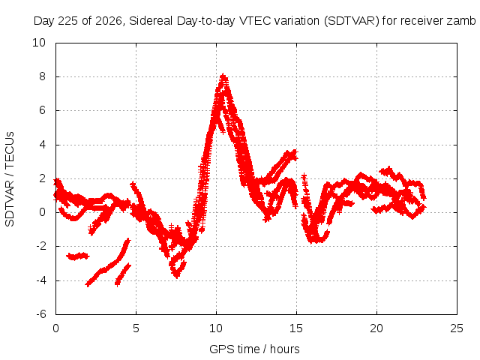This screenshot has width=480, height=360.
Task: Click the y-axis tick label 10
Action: pos(39,43)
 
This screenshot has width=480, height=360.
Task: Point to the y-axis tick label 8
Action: pos(42,76)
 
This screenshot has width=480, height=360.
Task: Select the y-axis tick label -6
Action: pos(41,314)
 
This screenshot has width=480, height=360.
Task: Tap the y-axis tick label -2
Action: pos(41,246)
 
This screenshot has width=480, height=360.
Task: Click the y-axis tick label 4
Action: pos(42,145)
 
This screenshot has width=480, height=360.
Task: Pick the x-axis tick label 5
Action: pos(136,328)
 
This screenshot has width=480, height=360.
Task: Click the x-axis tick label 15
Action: pos(296,328)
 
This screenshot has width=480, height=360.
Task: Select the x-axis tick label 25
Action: pos(457,328)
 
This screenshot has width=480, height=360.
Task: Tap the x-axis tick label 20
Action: pos(376,328)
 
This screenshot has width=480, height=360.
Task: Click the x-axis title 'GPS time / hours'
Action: pos(254,349)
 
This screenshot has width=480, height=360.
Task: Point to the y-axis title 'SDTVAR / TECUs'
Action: pos(10,179)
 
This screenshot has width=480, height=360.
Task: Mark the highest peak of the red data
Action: pos(223,76)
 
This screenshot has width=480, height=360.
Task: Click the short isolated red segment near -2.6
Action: pos(78,256)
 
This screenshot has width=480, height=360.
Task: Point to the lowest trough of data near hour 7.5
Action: pos(177,276)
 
